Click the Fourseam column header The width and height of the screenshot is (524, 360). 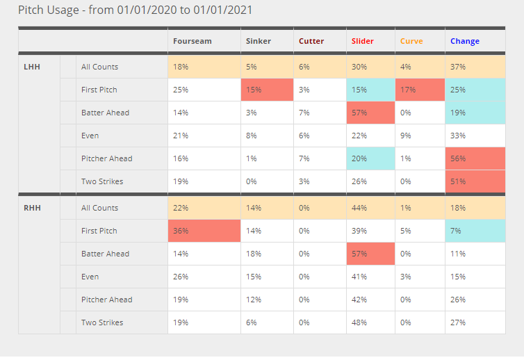pos(193,41)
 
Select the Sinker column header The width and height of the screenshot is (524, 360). pos(258,41)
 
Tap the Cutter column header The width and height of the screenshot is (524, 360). pos(311,41)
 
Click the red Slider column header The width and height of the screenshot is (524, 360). pos(362,41)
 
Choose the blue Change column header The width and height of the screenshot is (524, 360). pos(465,41)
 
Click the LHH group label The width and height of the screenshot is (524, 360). pos(32,67)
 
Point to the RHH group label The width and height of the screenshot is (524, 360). pos(32,208)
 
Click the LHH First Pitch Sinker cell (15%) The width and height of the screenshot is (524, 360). pos(267,90)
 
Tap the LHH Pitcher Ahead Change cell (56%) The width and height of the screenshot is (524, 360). pos(475,158)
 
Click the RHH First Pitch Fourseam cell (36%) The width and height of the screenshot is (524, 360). pos(204,231)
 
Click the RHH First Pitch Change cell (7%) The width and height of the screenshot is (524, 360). pos(475,231)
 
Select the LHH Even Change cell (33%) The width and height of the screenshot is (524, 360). pos(475,136)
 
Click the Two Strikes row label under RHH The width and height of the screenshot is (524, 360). pos(102,322)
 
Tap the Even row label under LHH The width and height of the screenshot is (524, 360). pos(90,136)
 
